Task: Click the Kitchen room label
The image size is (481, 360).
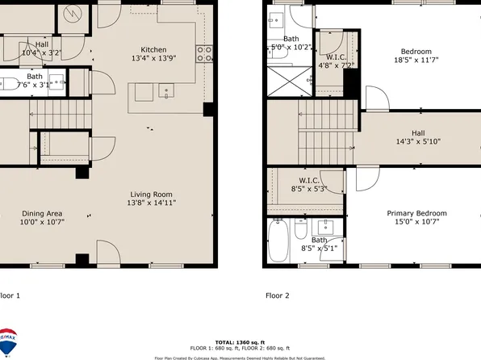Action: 153,48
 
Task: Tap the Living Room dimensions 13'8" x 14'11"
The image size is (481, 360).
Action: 153,204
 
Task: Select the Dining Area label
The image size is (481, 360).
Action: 42,213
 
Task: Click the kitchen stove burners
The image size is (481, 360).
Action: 205,54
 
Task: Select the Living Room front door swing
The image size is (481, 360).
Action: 108,251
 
